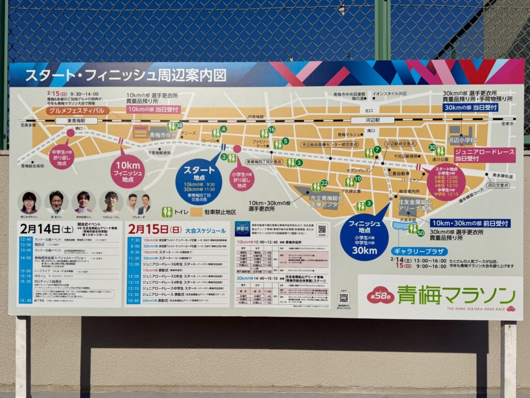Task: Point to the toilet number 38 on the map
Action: [179, 125]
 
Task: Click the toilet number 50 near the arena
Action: [420, 233]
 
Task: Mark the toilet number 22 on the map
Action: [324, 183]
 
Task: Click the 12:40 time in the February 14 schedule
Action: [25, 239]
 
